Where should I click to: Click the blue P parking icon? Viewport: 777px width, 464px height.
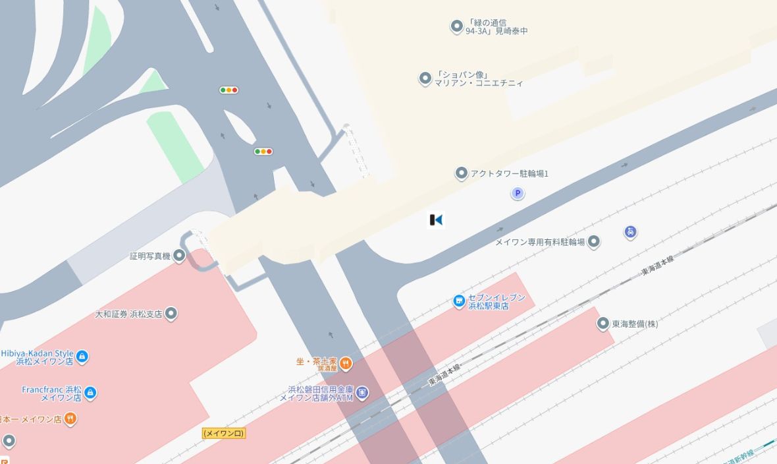518,193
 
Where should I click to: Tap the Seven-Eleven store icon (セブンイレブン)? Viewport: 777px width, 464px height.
459,302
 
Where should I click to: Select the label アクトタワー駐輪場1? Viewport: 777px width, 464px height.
509,174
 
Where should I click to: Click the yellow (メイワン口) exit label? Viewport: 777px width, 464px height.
224,433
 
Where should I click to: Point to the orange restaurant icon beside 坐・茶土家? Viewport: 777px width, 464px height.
346,363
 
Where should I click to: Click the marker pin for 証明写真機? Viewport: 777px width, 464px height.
179,256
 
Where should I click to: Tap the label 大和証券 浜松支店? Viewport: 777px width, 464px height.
128,314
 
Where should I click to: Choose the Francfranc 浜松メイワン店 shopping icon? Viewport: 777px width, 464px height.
91,393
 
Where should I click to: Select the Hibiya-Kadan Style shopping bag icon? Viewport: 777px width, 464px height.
82,357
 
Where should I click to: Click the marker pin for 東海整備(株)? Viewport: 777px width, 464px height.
603,324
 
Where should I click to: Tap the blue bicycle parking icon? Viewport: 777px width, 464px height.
630,232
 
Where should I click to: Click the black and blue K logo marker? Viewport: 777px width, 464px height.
436,220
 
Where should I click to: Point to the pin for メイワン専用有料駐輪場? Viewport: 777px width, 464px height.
594,242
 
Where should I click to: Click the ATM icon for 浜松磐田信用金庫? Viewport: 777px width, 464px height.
362,393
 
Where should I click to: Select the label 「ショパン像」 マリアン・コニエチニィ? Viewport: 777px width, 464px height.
479,79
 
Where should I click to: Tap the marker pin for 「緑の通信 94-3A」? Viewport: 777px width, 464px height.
456,26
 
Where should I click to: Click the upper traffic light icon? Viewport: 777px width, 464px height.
228,90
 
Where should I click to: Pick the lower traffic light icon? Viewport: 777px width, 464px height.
263,152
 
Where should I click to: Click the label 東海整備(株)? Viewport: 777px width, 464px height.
635,324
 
